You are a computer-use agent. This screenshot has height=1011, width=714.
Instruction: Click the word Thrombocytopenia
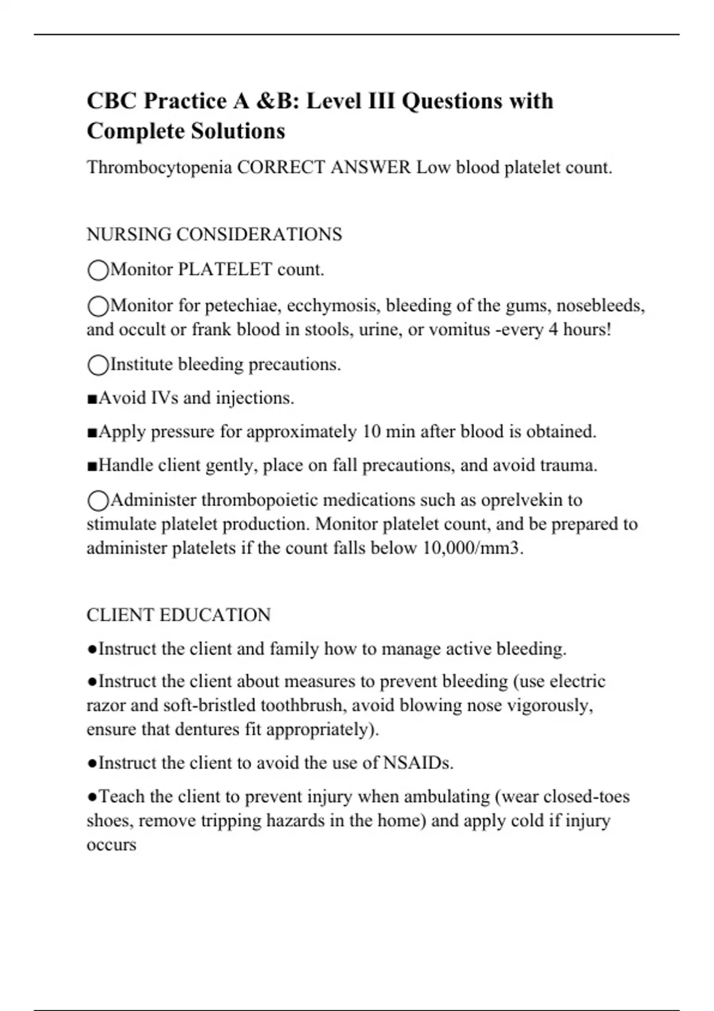pos(159,168)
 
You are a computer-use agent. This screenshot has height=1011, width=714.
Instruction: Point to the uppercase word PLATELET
pos(225,269)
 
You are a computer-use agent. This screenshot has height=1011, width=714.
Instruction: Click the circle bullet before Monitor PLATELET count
pos(98,271)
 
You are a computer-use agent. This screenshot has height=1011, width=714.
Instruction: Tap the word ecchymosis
pos(334,305)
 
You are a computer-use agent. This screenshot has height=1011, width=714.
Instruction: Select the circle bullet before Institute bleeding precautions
pos(98,365)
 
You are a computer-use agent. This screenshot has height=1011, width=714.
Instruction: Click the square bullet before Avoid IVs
pos(92,398)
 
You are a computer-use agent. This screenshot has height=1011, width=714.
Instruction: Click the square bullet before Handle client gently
pos(92,466)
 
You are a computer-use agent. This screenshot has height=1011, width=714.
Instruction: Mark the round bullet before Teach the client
pos(92,797)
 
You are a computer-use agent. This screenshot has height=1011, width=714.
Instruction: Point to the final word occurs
pos(111,845)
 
